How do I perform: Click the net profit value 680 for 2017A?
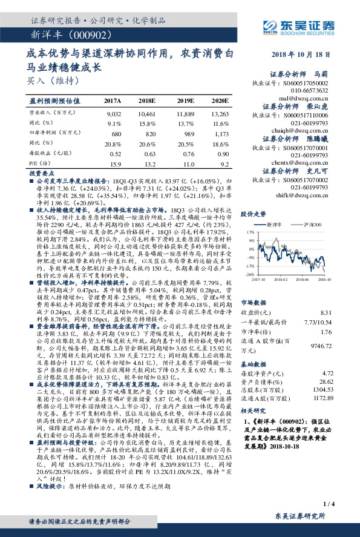pos(117,133)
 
